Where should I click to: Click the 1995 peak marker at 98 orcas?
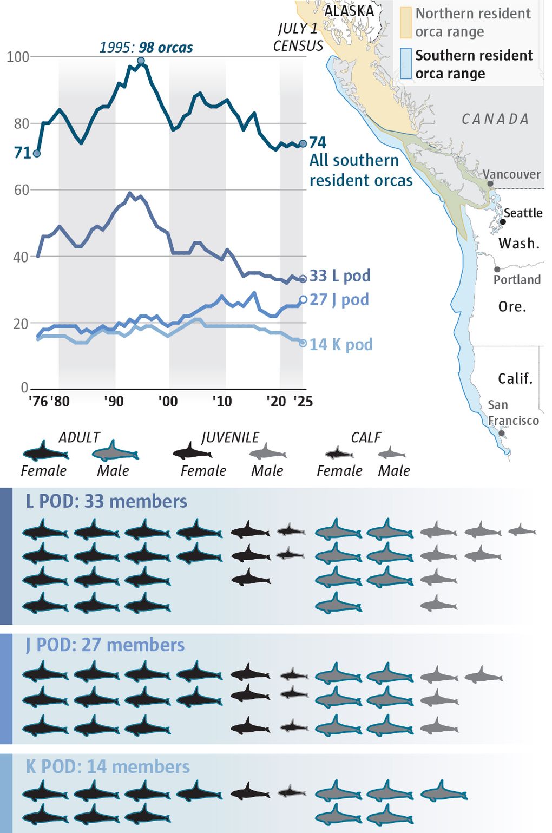coord(141,61)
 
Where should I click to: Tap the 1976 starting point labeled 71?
coord(37,153)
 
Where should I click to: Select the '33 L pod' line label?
coord(340,276)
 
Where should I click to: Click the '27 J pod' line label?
coord(339,299)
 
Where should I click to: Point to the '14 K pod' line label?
coord(340,344)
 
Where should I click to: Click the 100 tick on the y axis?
coord(17,56)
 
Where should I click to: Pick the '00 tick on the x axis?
coord(168,401)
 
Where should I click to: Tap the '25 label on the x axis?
coord(303,401)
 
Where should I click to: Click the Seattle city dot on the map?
coord(503,222)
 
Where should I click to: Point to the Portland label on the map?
coord(517,279)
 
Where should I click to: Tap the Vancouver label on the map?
coord(511,174)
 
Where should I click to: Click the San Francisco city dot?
coord(502,433)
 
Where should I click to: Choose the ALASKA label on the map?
coord(349,11)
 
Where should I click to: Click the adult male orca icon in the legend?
coord(115,451)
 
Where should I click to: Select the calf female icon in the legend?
coord(339,452)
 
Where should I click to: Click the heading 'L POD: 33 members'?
coord(107,501)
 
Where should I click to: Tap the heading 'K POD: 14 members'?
coord(108,766)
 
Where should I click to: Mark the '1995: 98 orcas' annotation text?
coord(146,48)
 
